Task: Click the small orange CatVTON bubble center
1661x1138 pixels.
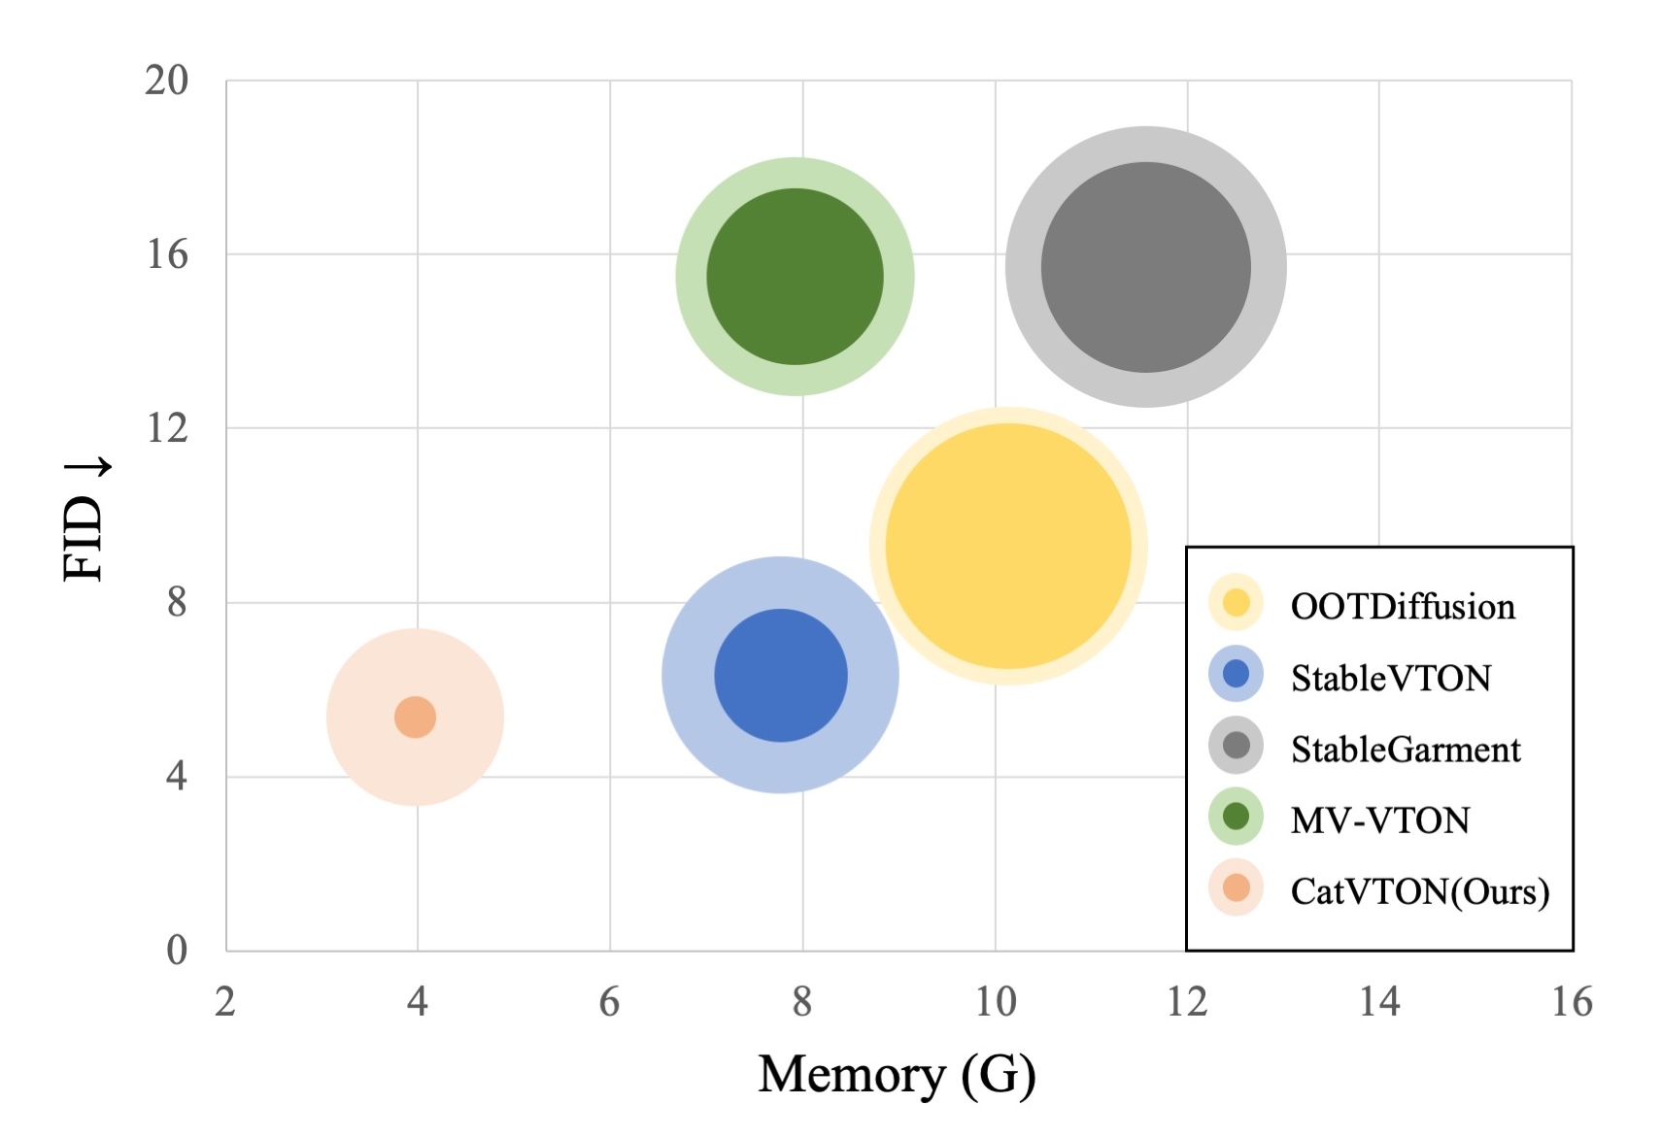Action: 415,718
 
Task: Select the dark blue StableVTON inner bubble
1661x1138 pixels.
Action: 781,675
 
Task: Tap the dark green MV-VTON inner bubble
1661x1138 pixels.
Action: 795,277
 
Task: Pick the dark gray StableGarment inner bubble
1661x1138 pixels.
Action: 1145,267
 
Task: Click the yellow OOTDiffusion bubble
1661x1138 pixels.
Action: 1008,547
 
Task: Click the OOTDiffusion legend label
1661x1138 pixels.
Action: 1402,607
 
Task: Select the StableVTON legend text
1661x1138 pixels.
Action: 1390,678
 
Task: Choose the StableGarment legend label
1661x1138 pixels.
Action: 1405,750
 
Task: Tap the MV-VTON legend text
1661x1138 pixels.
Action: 1379,820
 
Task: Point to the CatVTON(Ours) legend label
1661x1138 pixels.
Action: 1419,891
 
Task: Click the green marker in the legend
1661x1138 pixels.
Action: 1236,817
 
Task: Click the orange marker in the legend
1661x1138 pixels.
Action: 1236,887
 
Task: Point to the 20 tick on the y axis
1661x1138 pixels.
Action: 167,81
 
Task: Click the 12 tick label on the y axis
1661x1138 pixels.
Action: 167,428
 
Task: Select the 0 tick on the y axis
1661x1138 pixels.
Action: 177,950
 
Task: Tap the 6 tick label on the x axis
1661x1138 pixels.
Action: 609,1002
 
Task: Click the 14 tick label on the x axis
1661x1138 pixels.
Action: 1379,1002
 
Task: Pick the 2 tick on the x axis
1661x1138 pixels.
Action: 225,1002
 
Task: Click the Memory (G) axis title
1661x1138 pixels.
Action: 897,1075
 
